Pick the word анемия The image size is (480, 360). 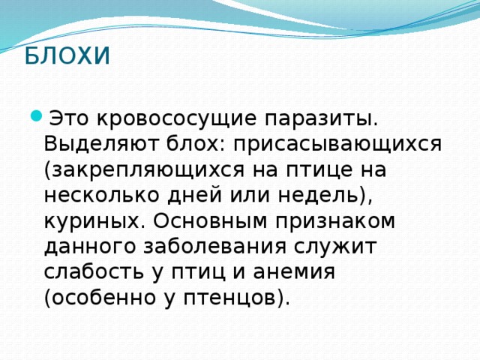coord(295,271)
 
